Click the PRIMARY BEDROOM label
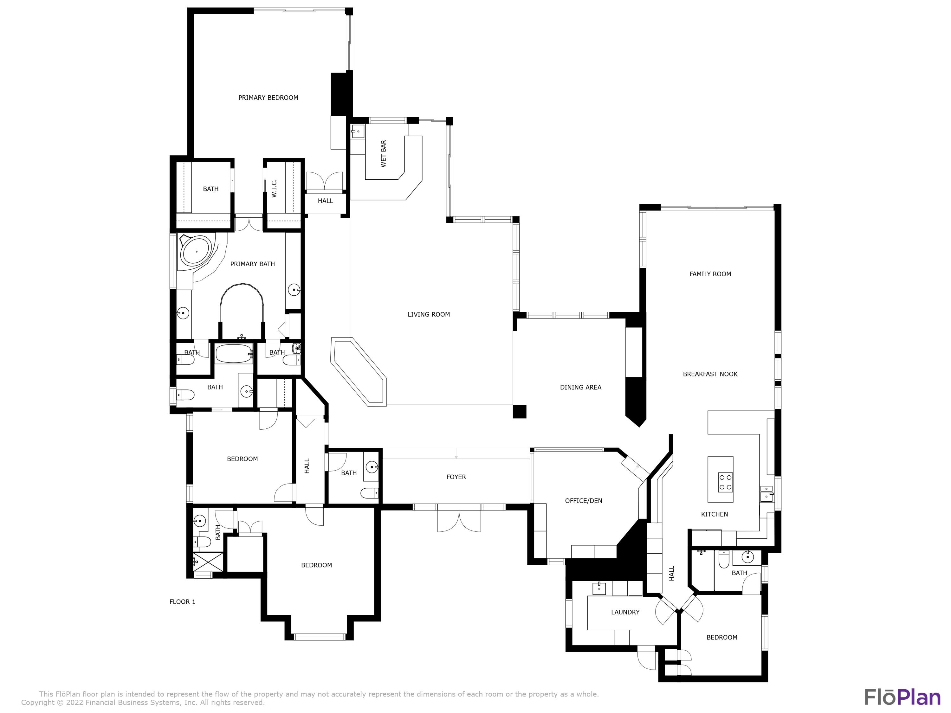pos(268,98)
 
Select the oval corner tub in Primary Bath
pos(197,251)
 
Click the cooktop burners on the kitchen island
pos(726,482)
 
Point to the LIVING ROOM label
pos(429,314)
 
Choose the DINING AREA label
pos(580,387)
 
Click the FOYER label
pos(456,477)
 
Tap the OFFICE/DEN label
pos(583,500)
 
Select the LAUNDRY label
pos(625,612)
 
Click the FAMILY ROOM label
pos(710,274)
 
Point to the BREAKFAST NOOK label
pos(710,374)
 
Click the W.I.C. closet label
pos(274,189)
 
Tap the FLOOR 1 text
pos(182,602)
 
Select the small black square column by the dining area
pos(519,411)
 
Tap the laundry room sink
pos(599,588)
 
